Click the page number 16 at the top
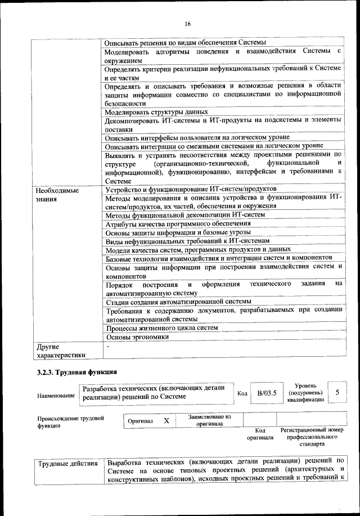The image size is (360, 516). click(187, 23)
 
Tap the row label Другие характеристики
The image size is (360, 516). click(61, 351)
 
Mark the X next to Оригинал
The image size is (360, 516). click(166, 420)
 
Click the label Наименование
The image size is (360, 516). click(56, 396)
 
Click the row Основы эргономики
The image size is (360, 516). click(137, 337)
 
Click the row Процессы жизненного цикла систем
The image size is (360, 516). click(161, 327)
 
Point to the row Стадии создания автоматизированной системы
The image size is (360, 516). click(174, 302)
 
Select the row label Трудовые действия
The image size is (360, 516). click(67, 464)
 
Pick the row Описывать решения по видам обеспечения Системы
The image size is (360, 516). click(181, 42)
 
